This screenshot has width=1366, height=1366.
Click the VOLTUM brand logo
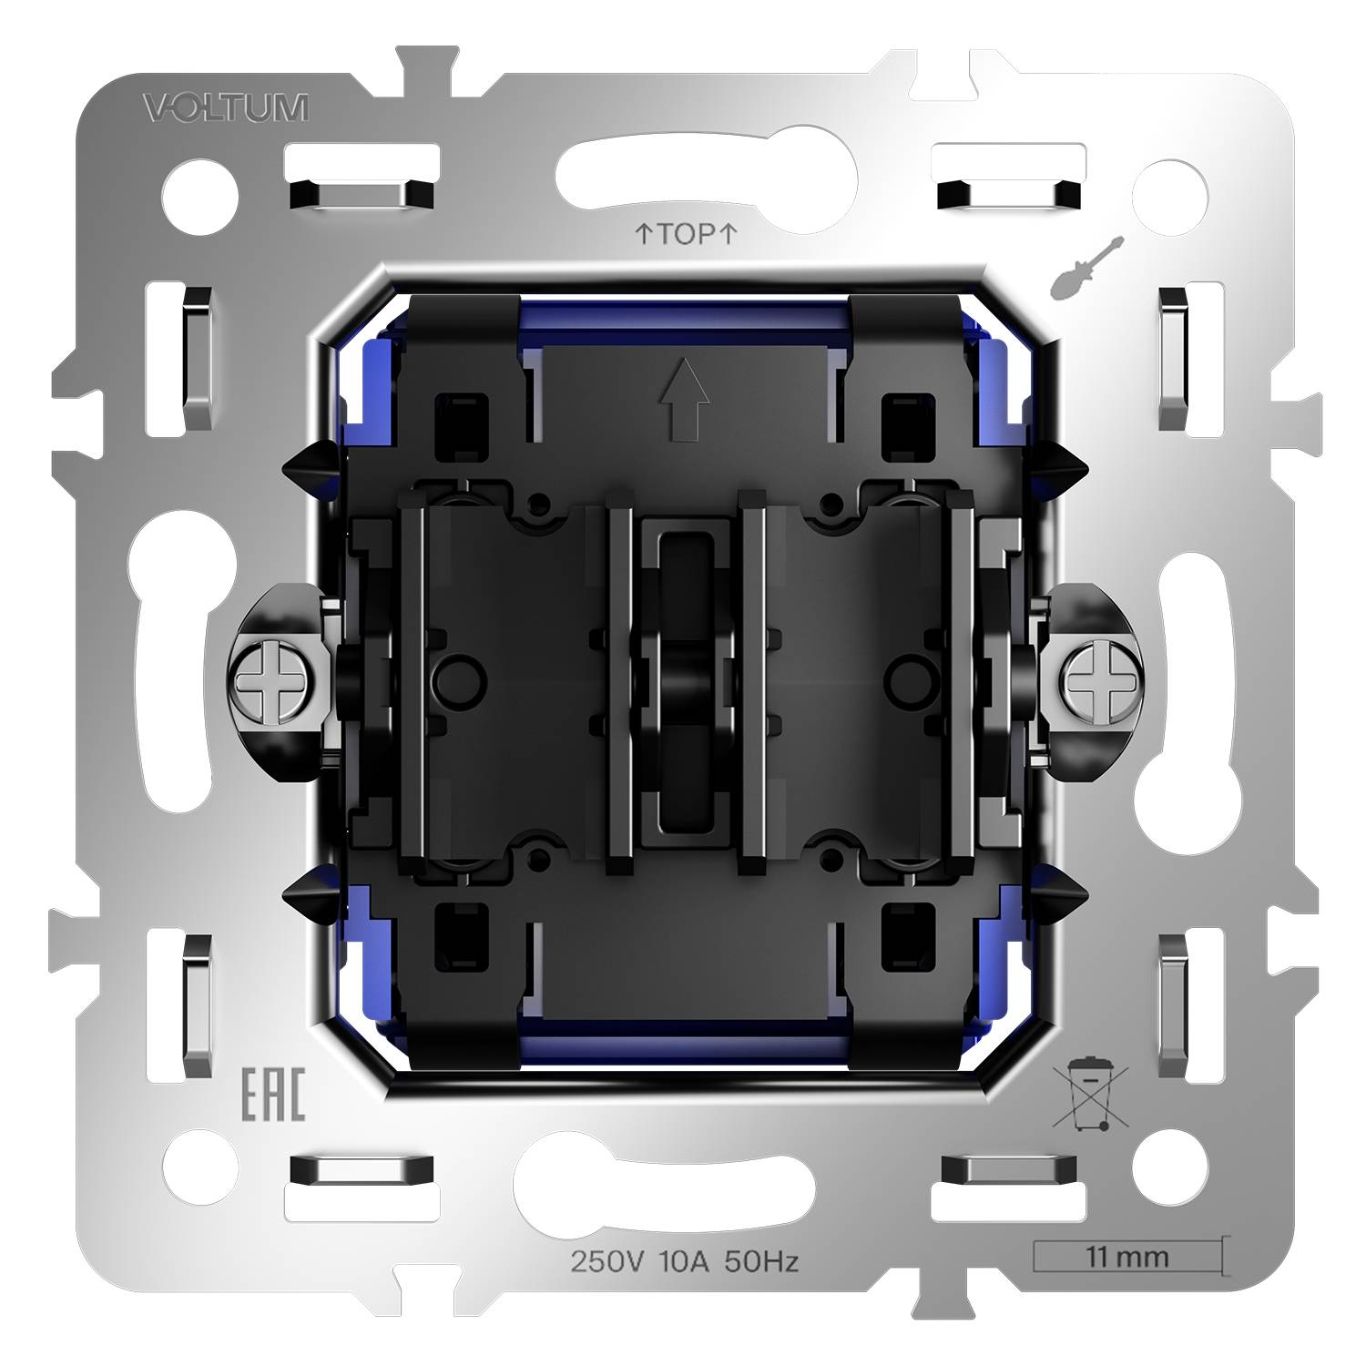tap(225, 107)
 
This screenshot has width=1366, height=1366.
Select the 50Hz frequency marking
tap(760, 1261)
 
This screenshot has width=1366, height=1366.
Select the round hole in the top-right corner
tap(1174, 193)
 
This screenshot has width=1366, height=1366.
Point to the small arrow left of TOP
tap(642, 234)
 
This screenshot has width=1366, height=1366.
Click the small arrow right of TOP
tap(728, 234)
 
